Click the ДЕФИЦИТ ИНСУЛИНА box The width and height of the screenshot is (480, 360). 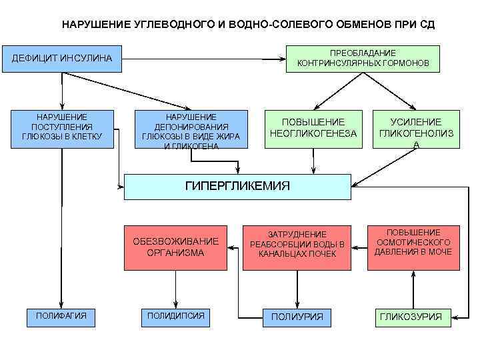point(63,60)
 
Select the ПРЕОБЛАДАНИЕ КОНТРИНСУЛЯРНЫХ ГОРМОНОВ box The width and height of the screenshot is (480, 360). point(363,59)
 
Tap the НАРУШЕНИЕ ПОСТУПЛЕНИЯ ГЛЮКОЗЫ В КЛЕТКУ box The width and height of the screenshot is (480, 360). point(61,127)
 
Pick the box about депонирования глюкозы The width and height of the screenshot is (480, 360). point(191,129)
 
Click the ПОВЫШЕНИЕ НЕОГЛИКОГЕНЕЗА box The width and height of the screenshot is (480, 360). point(313,128)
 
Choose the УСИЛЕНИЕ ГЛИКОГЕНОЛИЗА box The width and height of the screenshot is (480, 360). point(416,129)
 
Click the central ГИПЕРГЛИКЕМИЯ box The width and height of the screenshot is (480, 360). point(237,187)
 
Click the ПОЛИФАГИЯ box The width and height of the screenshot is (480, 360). point(61,315)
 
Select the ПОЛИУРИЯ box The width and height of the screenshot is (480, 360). point(297,316)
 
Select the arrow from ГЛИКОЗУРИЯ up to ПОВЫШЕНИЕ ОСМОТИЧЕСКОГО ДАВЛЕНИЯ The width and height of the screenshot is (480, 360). point(413,289)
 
